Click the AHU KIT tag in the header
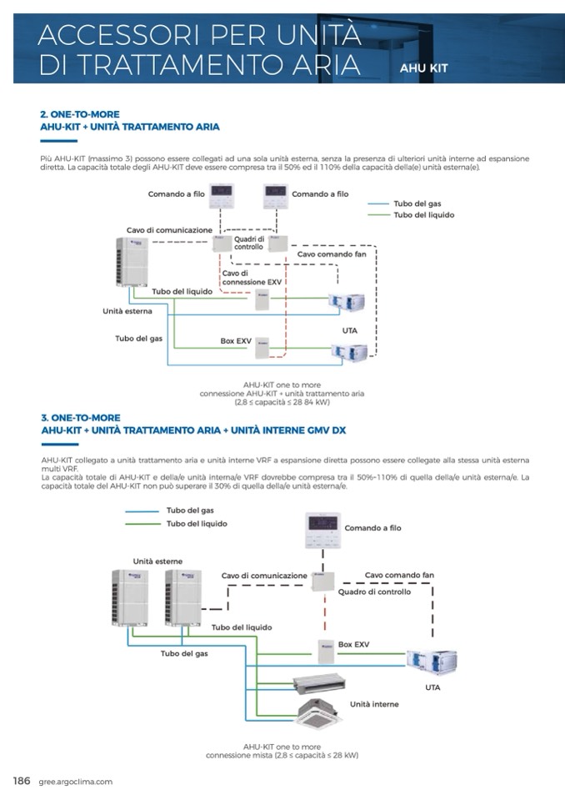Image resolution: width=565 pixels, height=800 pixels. coord(423,68)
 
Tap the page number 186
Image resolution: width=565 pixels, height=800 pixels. coord(22,781)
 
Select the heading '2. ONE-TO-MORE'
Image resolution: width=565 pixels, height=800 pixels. coord(80,113)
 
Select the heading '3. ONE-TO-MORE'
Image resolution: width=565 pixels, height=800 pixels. coord(81,417)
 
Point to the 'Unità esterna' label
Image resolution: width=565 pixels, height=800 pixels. coord(127,311)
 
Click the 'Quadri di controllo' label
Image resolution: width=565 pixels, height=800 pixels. coord(248,243)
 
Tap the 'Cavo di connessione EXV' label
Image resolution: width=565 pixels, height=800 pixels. coord(252,278)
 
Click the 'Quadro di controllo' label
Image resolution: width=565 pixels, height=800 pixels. coord(374,591)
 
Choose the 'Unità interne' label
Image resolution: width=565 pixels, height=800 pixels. coord(374,704)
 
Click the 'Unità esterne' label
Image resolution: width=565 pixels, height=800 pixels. coord(157,561)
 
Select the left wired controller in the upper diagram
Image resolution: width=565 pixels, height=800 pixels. coord(222,196)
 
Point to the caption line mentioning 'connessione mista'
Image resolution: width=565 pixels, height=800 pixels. coord(282,755)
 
